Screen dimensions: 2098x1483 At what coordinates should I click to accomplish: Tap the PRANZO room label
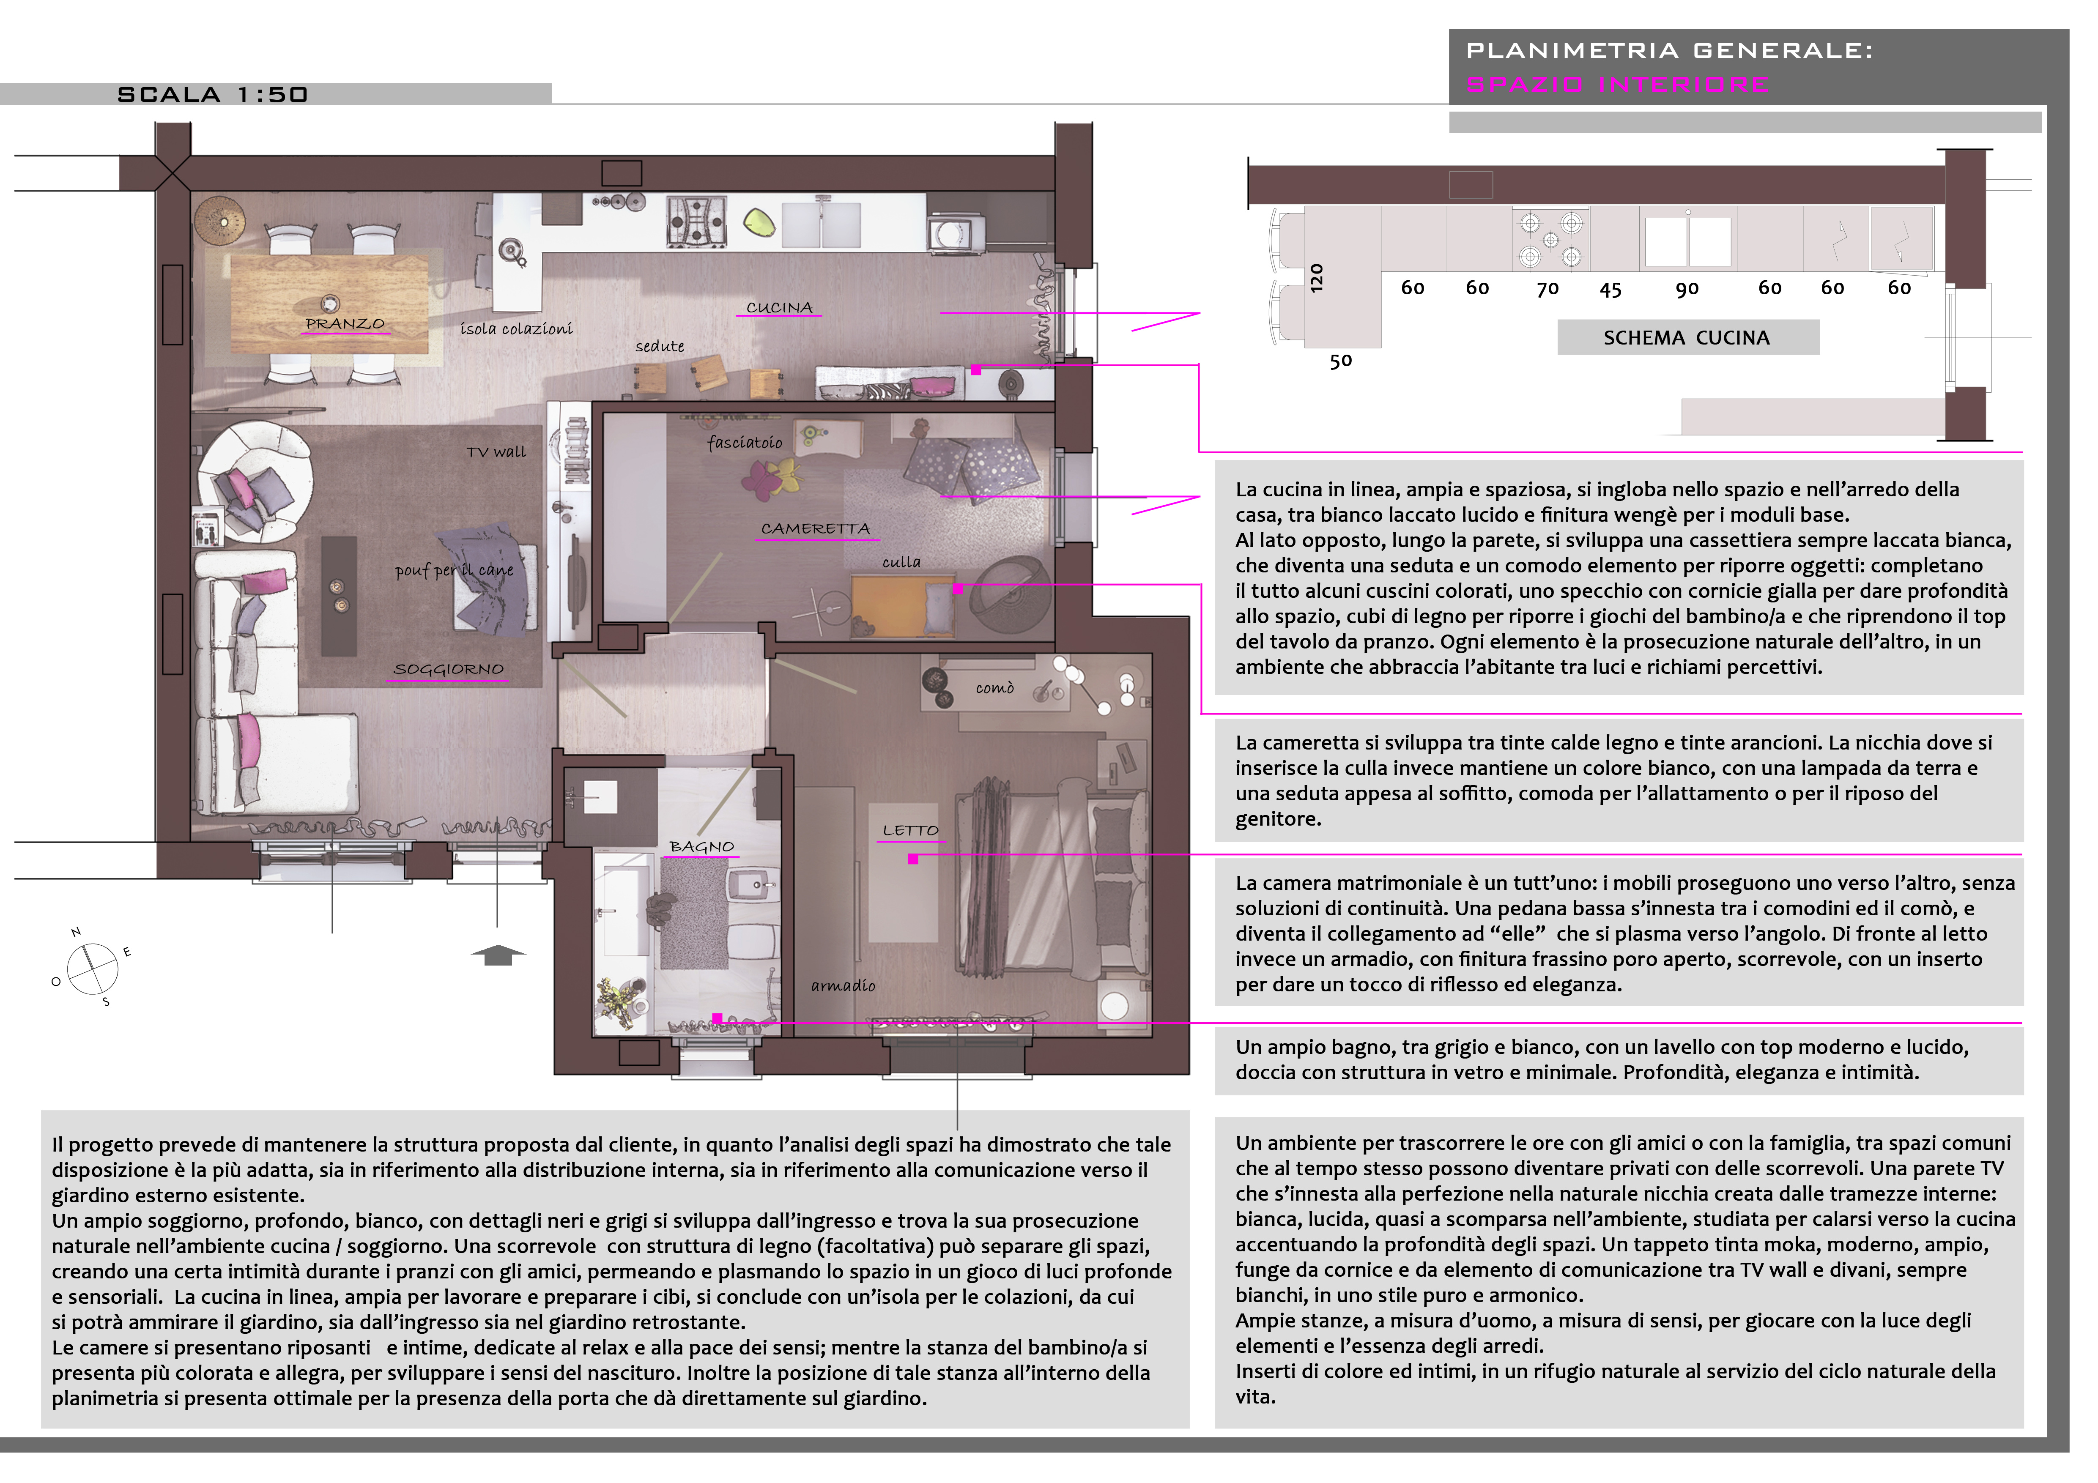[345, 323]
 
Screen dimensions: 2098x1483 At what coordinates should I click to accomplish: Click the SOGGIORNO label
[448, 669]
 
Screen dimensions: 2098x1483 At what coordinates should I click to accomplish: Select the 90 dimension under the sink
[1687, 289]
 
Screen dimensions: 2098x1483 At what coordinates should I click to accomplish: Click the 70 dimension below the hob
[1547, 289]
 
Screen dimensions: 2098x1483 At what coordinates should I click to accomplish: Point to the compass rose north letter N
[76, 932]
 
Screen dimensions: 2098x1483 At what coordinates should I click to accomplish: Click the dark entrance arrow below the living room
[498, 955]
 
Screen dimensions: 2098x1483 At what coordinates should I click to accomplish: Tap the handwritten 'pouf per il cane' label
[454, 570]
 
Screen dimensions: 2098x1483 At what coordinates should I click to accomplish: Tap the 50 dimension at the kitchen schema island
[1340, 361]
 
